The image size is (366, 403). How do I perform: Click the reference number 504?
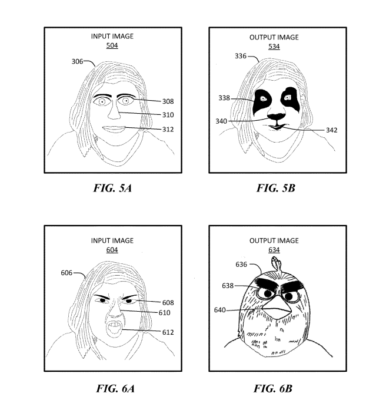coord(112,45)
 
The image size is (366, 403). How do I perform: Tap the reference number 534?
coord(274,47)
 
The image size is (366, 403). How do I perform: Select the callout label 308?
coord(168,101)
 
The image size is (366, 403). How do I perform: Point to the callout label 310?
coord(168,115)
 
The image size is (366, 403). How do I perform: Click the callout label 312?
coord(168,129)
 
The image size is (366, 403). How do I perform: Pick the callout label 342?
coord(332,130)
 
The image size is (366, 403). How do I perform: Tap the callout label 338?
coord(224,98)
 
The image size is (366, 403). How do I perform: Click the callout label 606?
coord(66,273)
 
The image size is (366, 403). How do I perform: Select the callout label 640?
coord(219,310)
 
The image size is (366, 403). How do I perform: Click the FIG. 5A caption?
coord(112,188)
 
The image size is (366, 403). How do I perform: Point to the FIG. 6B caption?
coord(273,388)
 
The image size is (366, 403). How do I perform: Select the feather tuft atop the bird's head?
coord(277,263)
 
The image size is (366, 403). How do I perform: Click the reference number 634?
coord(274,250)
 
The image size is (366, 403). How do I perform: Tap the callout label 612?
coord(168,332)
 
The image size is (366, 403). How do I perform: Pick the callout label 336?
coord(241,56)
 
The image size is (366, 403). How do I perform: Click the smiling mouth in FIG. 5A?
coord(114,129)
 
